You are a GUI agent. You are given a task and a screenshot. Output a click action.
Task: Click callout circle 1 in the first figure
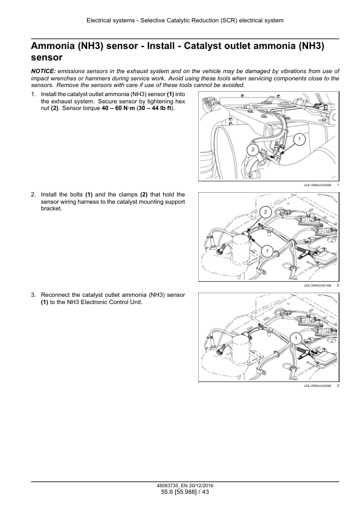point(300,140)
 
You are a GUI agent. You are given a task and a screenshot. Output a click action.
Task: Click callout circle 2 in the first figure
point(252,150)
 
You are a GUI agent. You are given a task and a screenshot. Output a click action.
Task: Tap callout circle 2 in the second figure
point(266,212)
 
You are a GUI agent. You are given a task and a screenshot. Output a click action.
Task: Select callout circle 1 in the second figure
point(267,251)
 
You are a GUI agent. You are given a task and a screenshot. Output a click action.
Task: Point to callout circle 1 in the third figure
point(296,339)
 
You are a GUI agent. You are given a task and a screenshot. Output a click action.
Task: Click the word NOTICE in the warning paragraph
point(43,71)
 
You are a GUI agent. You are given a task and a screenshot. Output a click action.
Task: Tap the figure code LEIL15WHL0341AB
point(318,285)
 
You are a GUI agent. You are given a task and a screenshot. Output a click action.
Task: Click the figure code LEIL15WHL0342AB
point(318,386)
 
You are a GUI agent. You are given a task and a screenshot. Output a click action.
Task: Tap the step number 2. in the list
point(33,195)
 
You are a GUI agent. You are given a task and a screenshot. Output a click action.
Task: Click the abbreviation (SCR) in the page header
point(229,21)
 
